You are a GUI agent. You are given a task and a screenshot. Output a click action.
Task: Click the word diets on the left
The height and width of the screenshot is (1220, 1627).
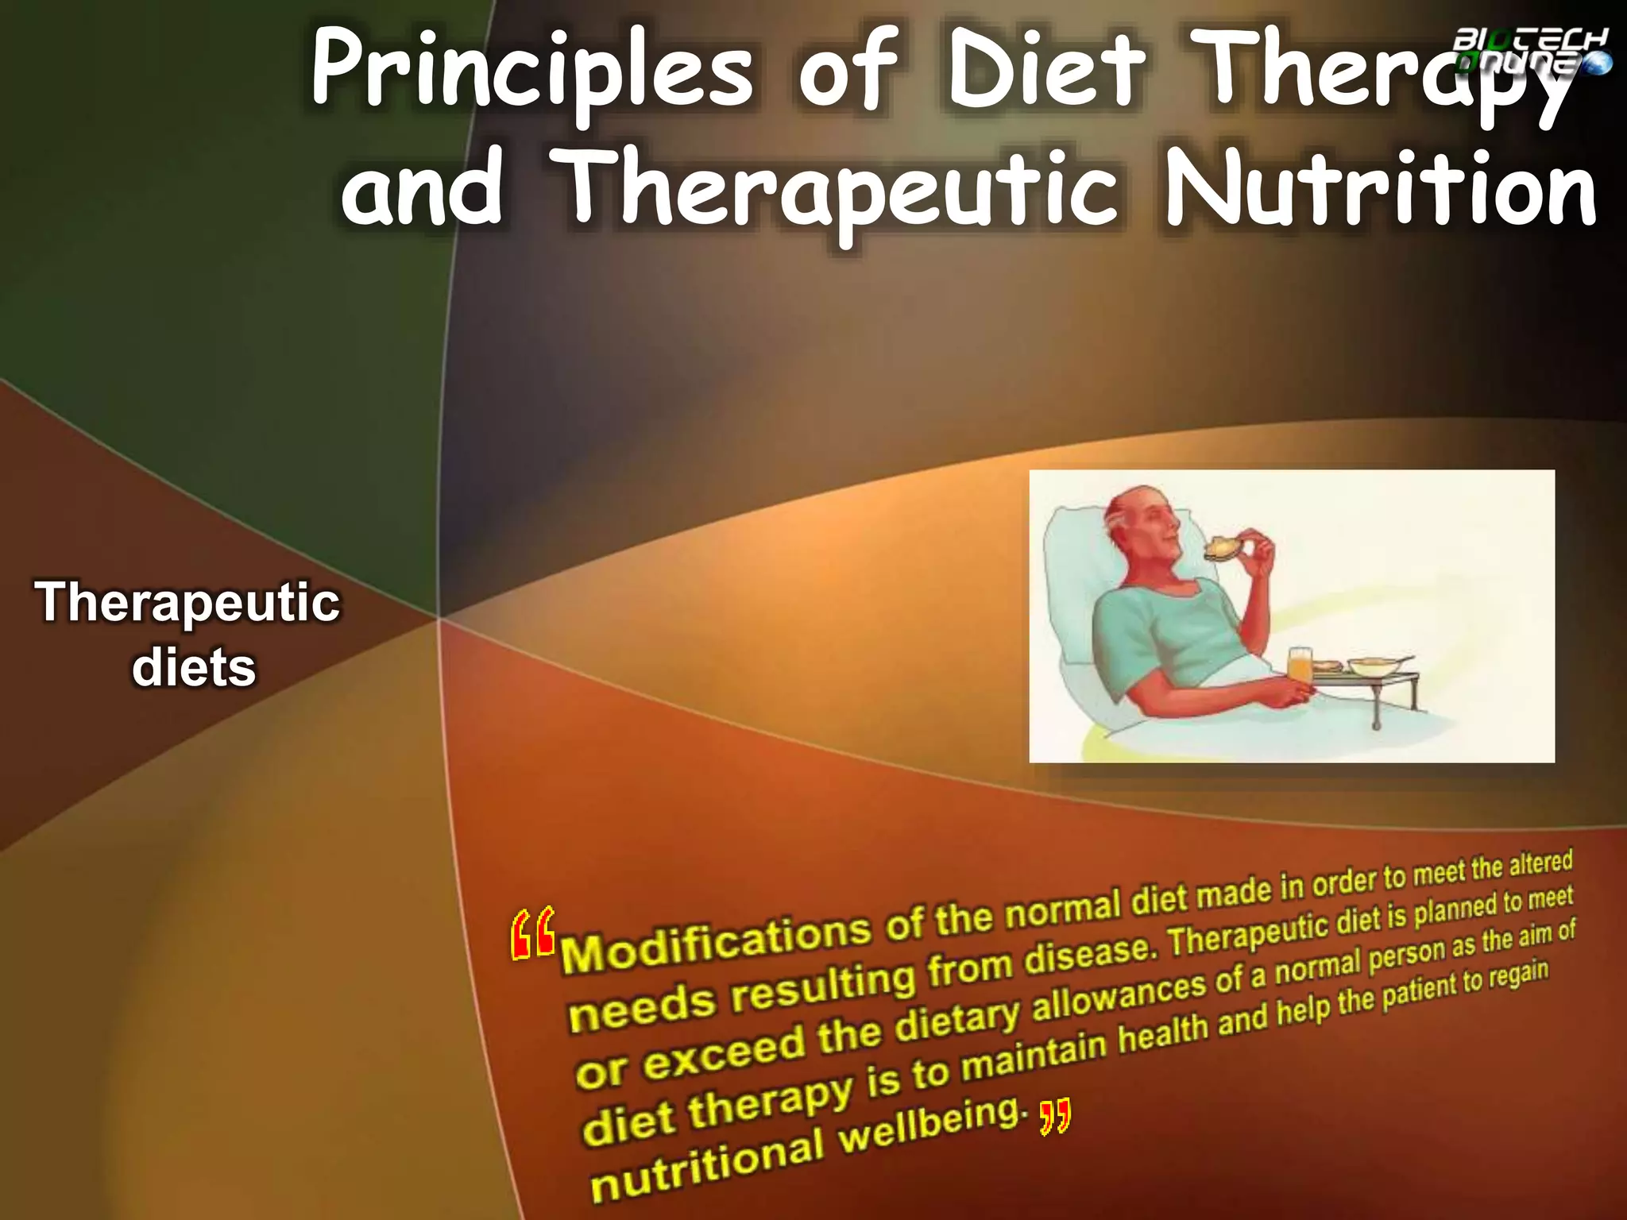[x=194, y=667]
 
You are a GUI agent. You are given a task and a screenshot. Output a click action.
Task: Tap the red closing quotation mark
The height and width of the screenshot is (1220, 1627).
[x=1055, y=1117]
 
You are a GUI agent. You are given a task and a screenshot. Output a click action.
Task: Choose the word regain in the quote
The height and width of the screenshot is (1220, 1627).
[x=1517, y=976]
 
